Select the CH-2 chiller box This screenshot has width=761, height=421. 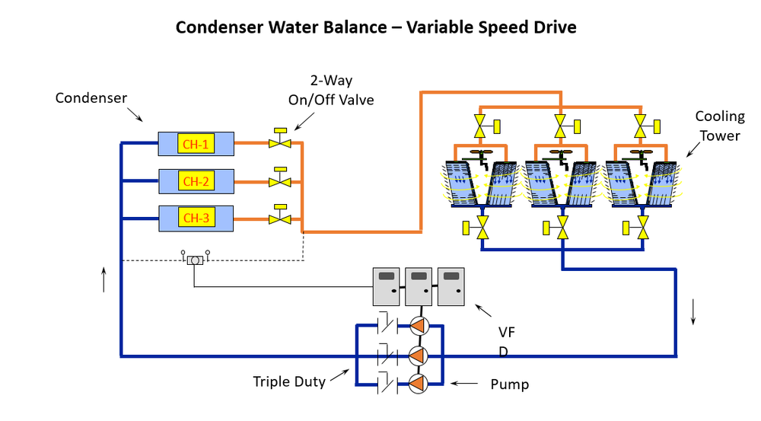pyautogui.click(x=196, y=181)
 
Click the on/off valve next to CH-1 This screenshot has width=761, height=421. pyautogui.click(x=280, y=141)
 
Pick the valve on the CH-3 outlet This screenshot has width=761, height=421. pyautogui.click(x=280, y=218)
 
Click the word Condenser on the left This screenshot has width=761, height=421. pyautogui.click(x=91, y=98)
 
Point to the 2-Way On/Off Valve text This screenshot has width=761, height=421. pyautogui.click(x=330, y=90)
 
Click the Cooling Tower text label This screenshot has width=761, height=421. pyautogui.click(x=719, y=126)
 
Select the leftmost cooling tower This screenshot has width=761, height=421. pyautogui.click(x=481, y=183)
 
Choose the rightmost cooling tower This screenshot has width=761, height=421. pyautogui.click(x=644, y=183)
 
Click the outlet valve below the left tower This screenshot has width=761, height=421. pyautogui.click(x=481, y=226)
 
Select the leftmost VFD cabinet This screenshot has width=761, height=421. pyautogui.click(x=386, y=286)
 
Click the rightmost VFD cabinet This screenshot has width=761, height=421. pyautogui.click(x=451, y=286)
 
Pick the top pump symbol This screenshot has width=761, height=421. pyautogui.click(x=418, y=326)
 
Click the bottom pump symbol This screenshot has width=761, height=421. pyautogui.click(x=418, y=383)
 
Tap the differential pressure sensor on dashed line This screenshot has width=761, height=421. pyautogui.click(x=194, y=260)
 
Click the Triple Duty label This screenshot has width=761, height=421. pyautogui.click(x=289, y=381)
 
